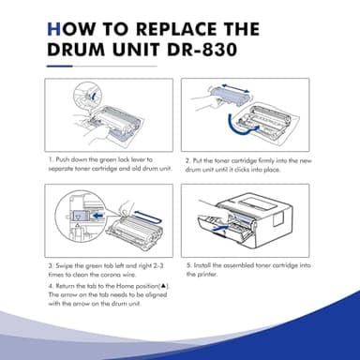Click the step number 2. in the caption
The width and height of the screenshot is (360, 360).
pyautogui.click(x=189, y=160)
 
